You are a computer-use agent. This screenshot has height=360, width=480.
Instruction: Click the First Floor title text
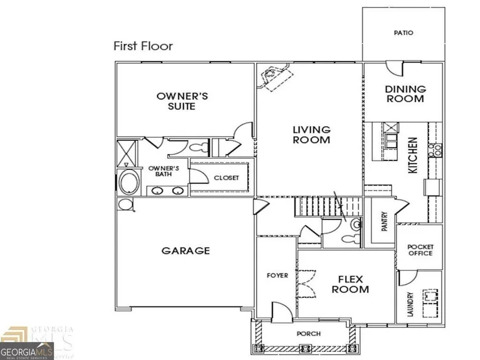point(143,46)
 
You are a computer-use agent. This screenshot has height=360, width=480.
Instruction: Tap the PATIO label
point(403,33)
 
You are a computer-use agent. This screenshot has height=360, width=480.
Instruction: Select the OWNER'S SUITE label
point(182,101)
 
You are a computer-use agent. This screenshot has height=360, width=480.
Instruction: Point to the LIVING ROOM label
point(312,135)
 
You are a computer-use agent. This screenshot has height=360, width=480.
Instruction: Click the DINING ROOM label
point(406,94)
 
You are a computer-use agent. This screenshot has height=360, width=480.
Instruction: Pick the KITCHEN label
point(413,155)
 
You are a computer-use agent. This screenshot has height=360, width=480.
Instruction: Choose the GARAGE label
point(186,251)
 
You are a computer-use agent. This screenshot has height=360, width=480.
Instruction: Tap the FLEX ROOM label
point(350,284)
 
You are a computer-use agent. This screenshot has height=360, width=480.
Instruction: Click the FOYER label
point(278,276)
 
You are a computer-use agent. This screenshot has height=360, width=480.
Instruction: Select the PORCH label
point(308,334)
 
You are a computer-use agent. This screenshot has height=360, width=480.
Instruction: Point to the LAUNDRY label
point(411,304)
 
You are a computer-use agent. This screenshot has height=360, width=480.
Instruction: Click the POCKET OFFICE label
point(421,250)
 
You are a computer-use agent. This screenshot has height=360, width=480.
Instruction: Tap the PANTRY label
point(385,221)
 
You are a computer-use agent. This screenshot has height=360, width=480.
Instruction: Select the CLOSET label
point(226,178)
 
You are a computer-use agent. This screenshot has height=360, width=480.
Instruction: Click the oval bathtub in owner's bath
point(129,182)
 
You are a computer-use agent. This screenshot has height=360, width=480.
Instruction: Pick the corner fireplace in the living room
point(275,77)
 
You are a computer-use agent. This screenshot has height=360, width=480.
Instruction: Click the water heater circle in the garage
point(125,204)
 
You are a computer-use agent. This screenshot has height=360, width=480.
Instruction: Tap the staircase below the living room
point(329,206)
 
